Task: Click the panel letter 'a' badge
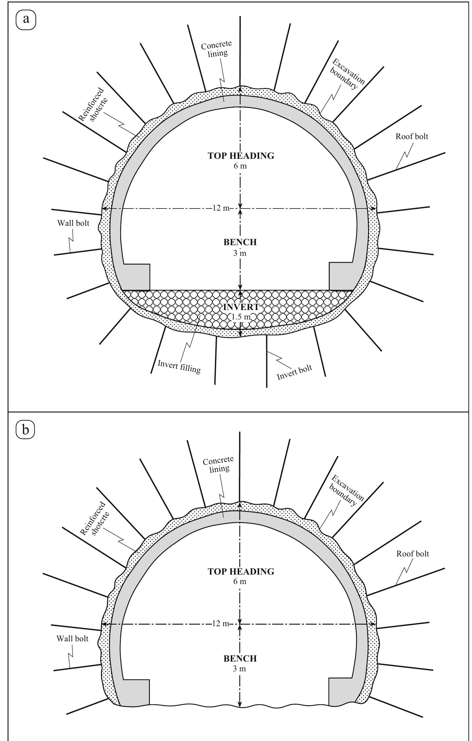(25, 20)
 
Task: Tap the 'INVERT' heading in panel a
(240, 307)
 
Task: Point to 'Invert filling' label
(179, 366)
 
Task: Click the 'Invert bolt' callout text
(294, 372)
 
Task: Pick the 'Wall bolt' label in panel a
(73, 223)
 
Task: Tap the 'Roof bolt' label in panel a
(411, 136)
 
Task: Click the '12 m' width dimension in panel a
(221, 208)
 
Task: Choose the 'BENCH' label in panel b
(240, 659)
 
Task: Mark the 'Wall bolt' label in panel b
(72, 639)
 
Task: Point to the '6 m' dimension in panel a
(240, 166)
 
